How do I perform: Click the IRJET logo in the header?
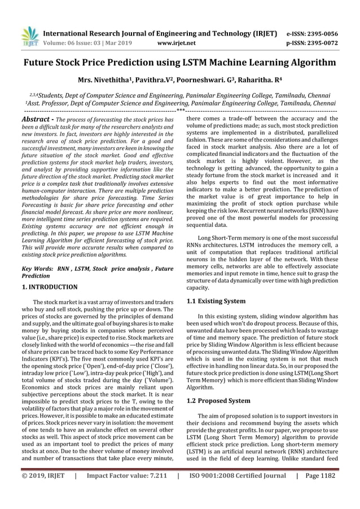point(29,35)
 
